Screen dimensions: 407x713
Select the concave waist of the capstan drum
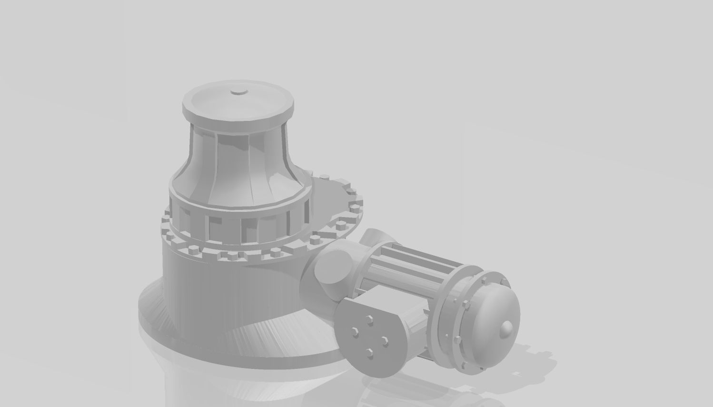click(238, 157)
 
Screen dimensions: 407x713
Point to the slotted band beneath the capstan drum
click(238, 224)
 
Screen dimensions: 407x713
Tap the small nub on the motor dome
click(507, 328)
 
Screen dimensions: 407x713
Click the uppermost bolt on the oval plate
click(367, 318)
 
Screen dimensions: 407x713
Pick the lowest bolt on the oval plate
click(369, 352)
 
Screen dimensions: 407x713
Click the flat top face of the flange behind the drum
click(333, 200)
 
